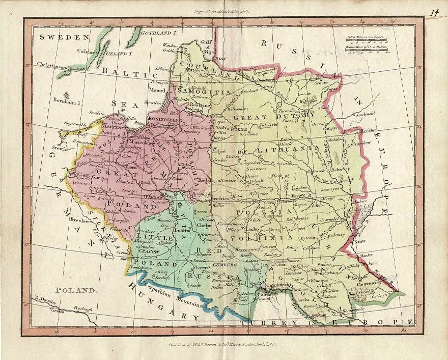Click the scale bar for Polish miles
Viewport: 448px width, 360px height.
point(366,39)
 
